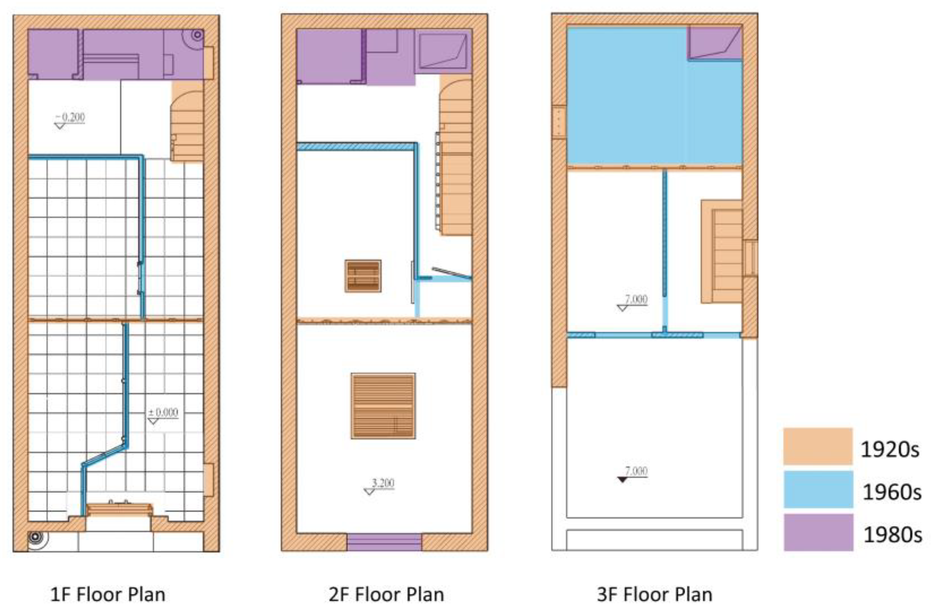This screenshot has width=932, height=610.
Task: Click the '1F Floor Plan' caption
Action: tap(108, 595)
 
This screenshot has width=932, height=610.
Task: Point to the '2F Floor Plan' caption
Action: tap(387, 595)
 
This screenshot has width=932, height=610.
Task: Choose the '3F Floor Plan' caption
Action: tap(654, 595)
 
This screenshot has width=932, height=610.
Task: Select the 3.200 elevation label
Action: tap(379, 486)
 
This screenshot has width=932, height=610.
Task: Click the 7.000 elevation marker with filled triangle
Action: tap(632, 474)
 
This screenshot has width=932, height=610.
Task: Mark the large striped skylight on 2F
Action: tap(383, 406)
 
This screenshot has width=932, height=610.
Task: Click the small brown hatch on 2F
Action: tap(363, 276)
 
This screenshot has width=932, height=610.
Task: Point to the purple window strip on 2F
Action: tap(384, 542)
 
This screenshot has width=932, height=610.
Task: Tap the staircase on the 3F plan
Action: tap(722, 252)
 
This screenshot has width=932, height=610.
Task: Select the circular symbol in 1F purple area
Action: tap(197, 35)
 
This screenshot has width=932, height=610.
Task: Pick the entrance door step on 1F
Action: tap(119, 510)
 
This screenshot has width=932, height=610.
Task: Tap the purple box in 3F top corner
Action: tap(715, 43)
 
